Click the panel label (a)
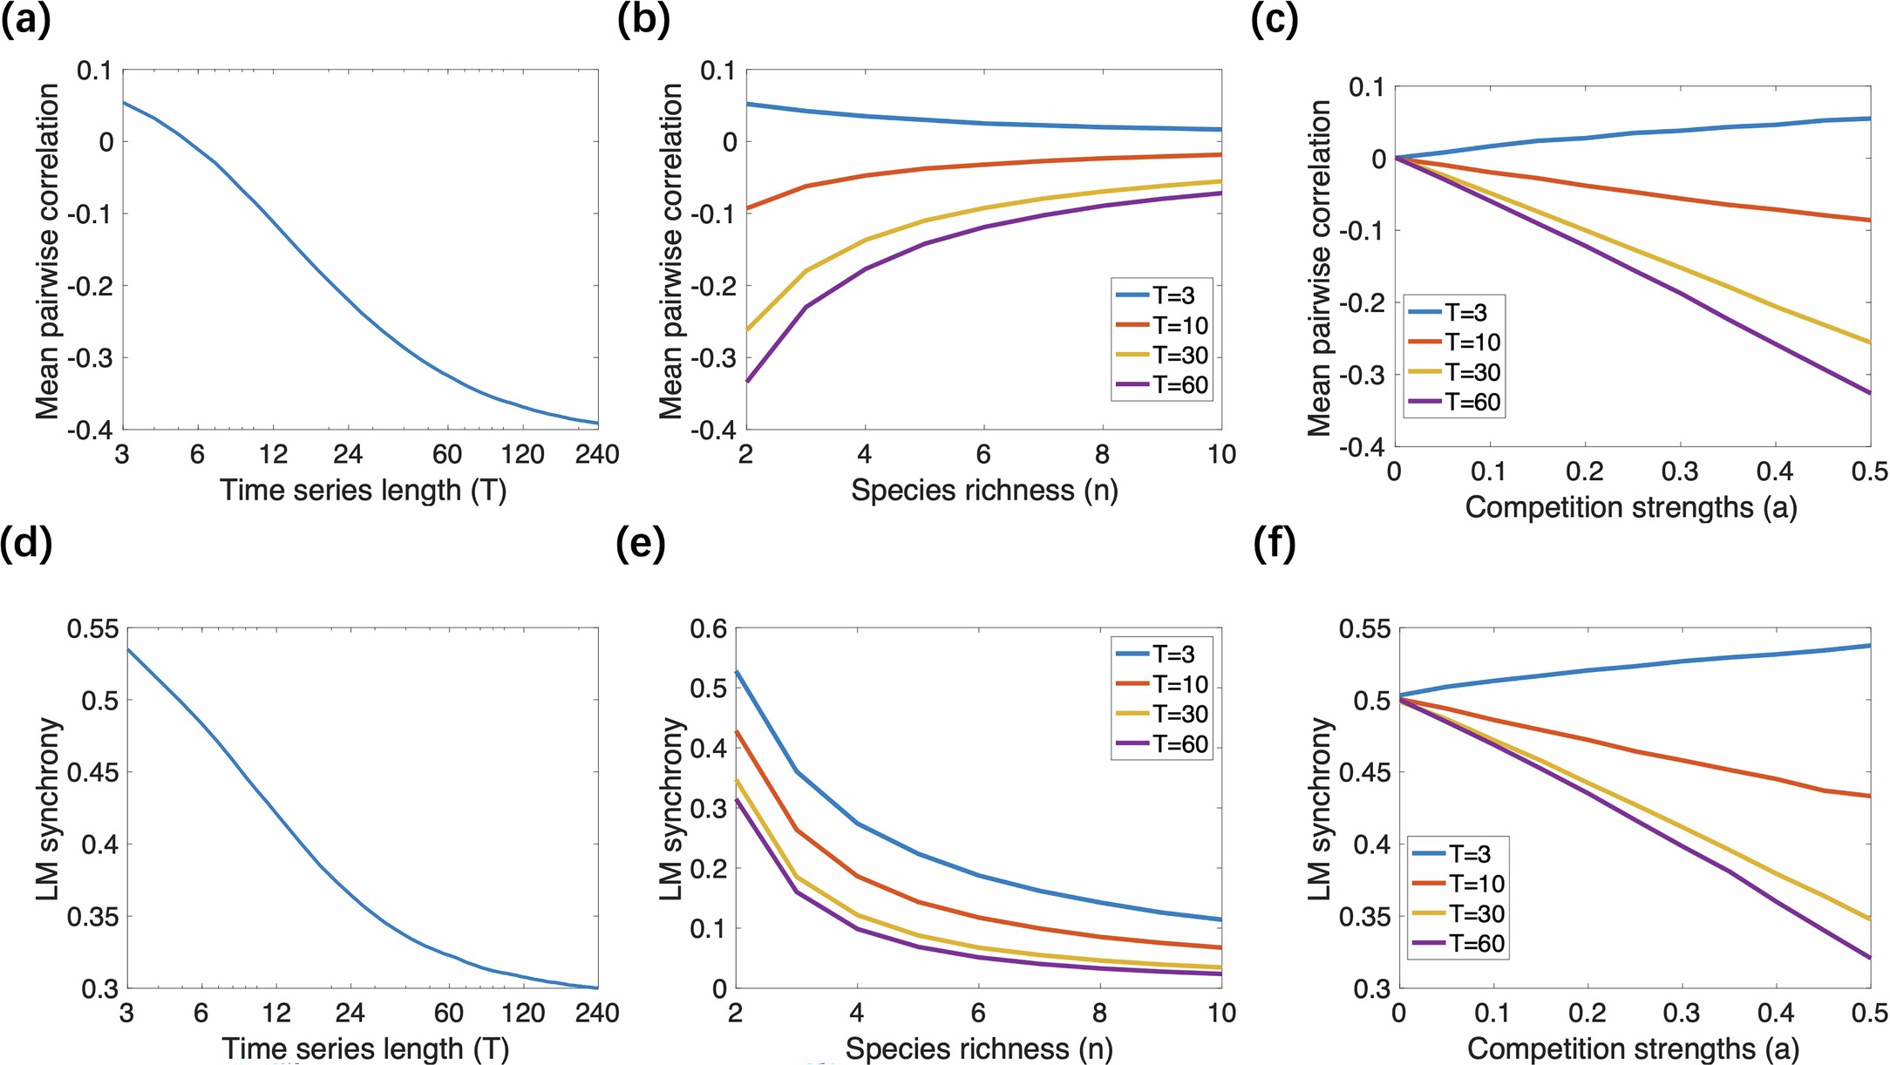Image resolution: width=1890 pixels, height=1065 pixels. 25,19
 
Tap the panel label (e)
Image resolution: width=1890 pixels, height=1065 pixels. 641,544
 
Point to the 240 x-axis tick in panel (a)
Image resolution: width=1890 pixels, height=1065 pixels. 597,454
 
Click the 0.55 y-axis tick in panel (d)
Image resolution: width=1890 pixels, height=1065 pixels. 92,628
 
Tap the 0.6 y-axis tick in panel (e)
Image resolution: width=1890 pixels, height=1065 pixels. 708,628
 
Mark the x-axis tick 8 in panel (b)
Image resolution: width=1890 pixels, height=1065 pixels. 1103,454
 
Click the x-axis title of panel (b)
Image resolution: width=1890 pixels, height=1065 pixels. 983,491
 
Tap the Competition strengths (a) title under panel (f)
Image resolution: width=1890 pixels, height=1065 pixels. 1633,1048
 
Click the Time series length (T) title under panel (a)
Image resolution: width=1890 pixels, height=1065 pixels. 363,491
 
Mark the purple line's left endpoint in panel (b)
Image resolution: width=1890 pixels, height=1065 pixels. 746,382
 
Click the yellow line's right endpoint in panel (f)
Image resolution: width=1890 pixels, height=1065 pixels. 1870,919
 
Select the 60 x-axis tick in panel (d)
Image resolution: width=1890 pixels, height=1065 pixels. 449,1013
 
